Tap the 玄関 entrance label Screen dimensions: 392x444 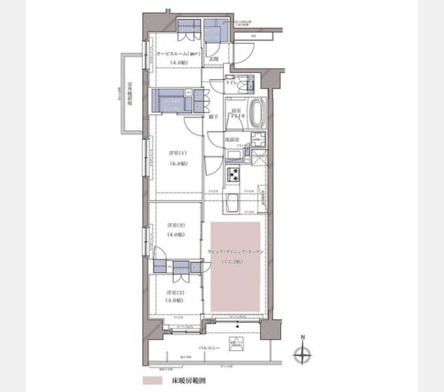pyautogui.click(x=214, y=59)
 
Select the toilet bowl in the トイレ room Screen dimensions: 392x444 pyautogui.click(x=249, y=86)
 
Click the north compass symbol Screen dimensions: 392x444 pyautogui.click(x=302, y=355)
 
